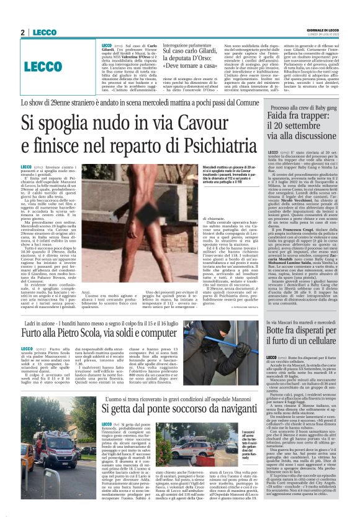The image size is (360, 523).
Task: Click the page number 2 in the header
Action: tap(22, 32)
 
